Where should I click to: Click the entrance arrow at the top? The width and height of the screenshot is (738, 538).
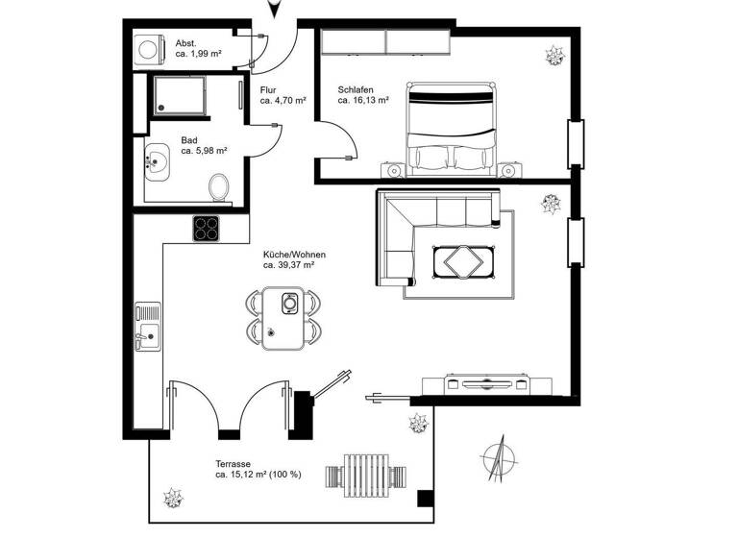[x=275, y=9]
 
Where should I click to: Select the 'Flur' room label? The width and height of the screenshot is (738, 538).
[x=268, y=90]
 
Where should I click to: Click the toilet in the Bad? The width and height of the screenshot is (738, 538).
[x=219, y=185]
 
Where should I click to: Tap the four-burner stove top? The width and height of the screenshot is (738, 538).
[x=206, y=228]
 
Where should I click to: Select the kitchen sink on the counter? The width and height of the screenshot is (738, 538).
[x=148, y=324]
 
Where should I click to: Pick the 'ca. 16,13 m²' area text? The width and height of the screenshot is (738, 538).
[x=363, y=100]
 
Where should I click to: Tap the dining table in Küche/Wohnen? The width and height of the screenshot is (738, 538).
[x=284, y=318]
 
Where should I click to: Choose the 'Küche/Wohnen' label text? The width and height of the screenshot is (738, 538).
[x=294, y=255]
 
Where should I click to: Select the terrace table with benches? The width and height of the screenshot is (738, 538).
[x=368, y=474]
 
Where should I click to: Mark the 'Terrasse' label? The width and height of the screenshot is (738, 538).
[x=234, y=463]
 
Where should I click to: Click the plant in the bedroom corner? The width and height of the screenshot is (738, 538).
[x=553, y=55]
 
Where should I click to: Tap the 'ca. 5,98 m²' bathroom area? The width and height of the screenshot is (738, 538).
[x=204, y=151]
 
